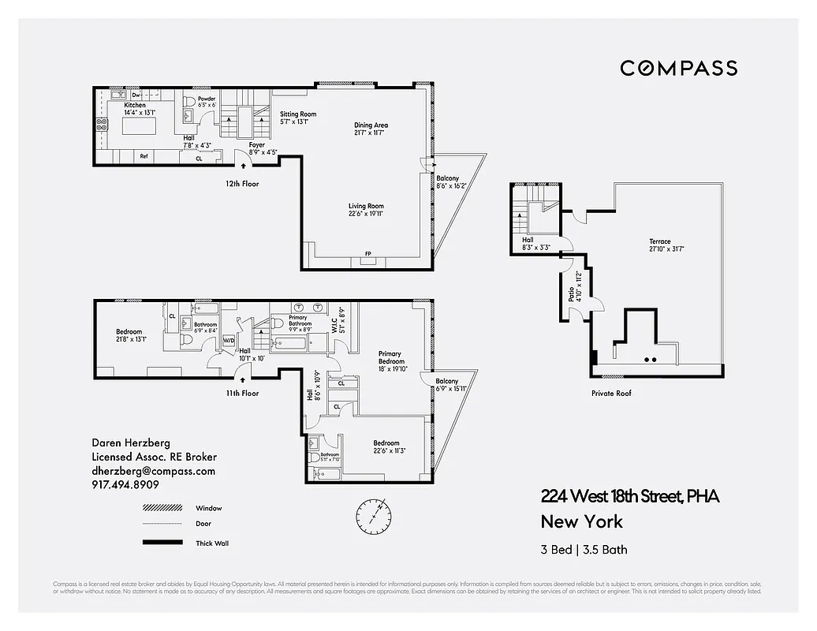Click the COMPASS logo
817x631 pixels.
pyautogui.click(x=678, y=69)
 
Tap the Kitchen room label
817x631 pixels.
pyautogui.click(x=134, y=105)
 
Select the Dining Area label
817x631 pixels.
pyautogui.click(x=371, y=125)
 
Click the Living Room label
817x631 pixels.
pyautogui.click(x=366, y=207)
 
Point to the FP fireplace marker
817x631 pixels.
pyautogui.click(x=367, y=254)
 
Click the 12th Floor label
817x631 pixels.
pyautogui.click(x=241, y=184)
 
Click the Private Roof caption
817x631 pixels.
pyautogui.click(x=611, y=393)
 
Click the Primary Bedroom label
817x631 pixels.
pyautogui.click(x=390, y=357)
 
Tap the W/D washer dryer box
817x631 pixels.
pyautogui.click(x=229, y=341)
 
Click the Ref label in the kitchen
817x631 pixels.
pyautogui.click(x=144, y=156)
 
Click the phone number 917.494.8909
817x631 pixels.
pyautogui.click(x=125, y=485)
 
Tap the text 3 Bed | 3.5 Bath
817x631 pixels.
pyautogui.click(x=584, y=550)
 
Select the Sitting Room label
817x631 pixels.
pyautogui.click(x=298, y=114)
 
